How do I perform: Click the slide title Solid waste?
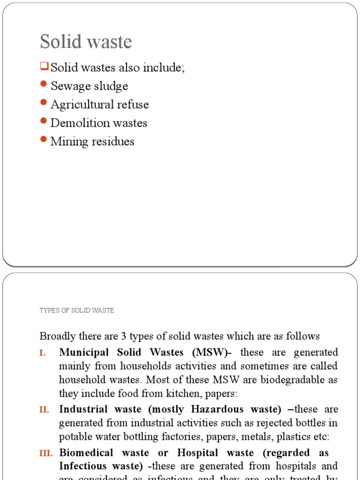pos(86,42)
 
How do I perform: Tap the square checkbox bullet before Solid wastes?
pos(45,67)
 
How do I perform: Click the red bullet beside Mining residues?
pos(44,139)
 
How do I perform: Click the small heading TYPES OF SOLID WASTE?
pos(77,310)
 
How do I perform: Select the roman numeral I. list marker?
pos(43,352)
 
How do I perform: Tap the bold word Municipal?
pos(82,352)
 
